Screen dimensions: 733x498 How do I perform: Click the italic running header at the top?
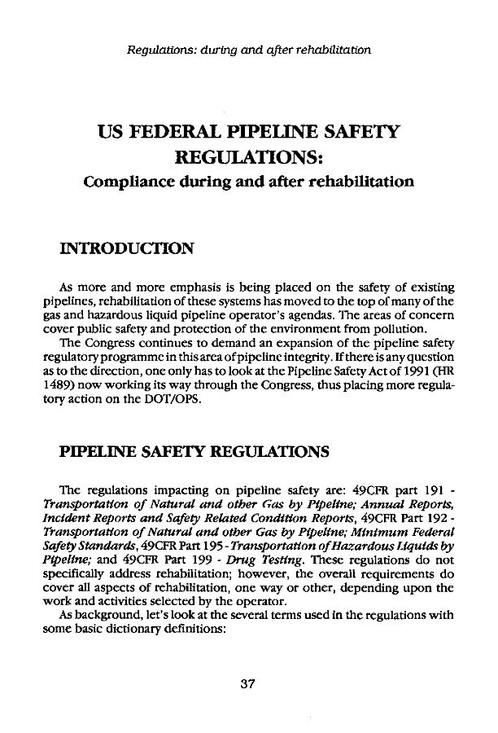(249, 51)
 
